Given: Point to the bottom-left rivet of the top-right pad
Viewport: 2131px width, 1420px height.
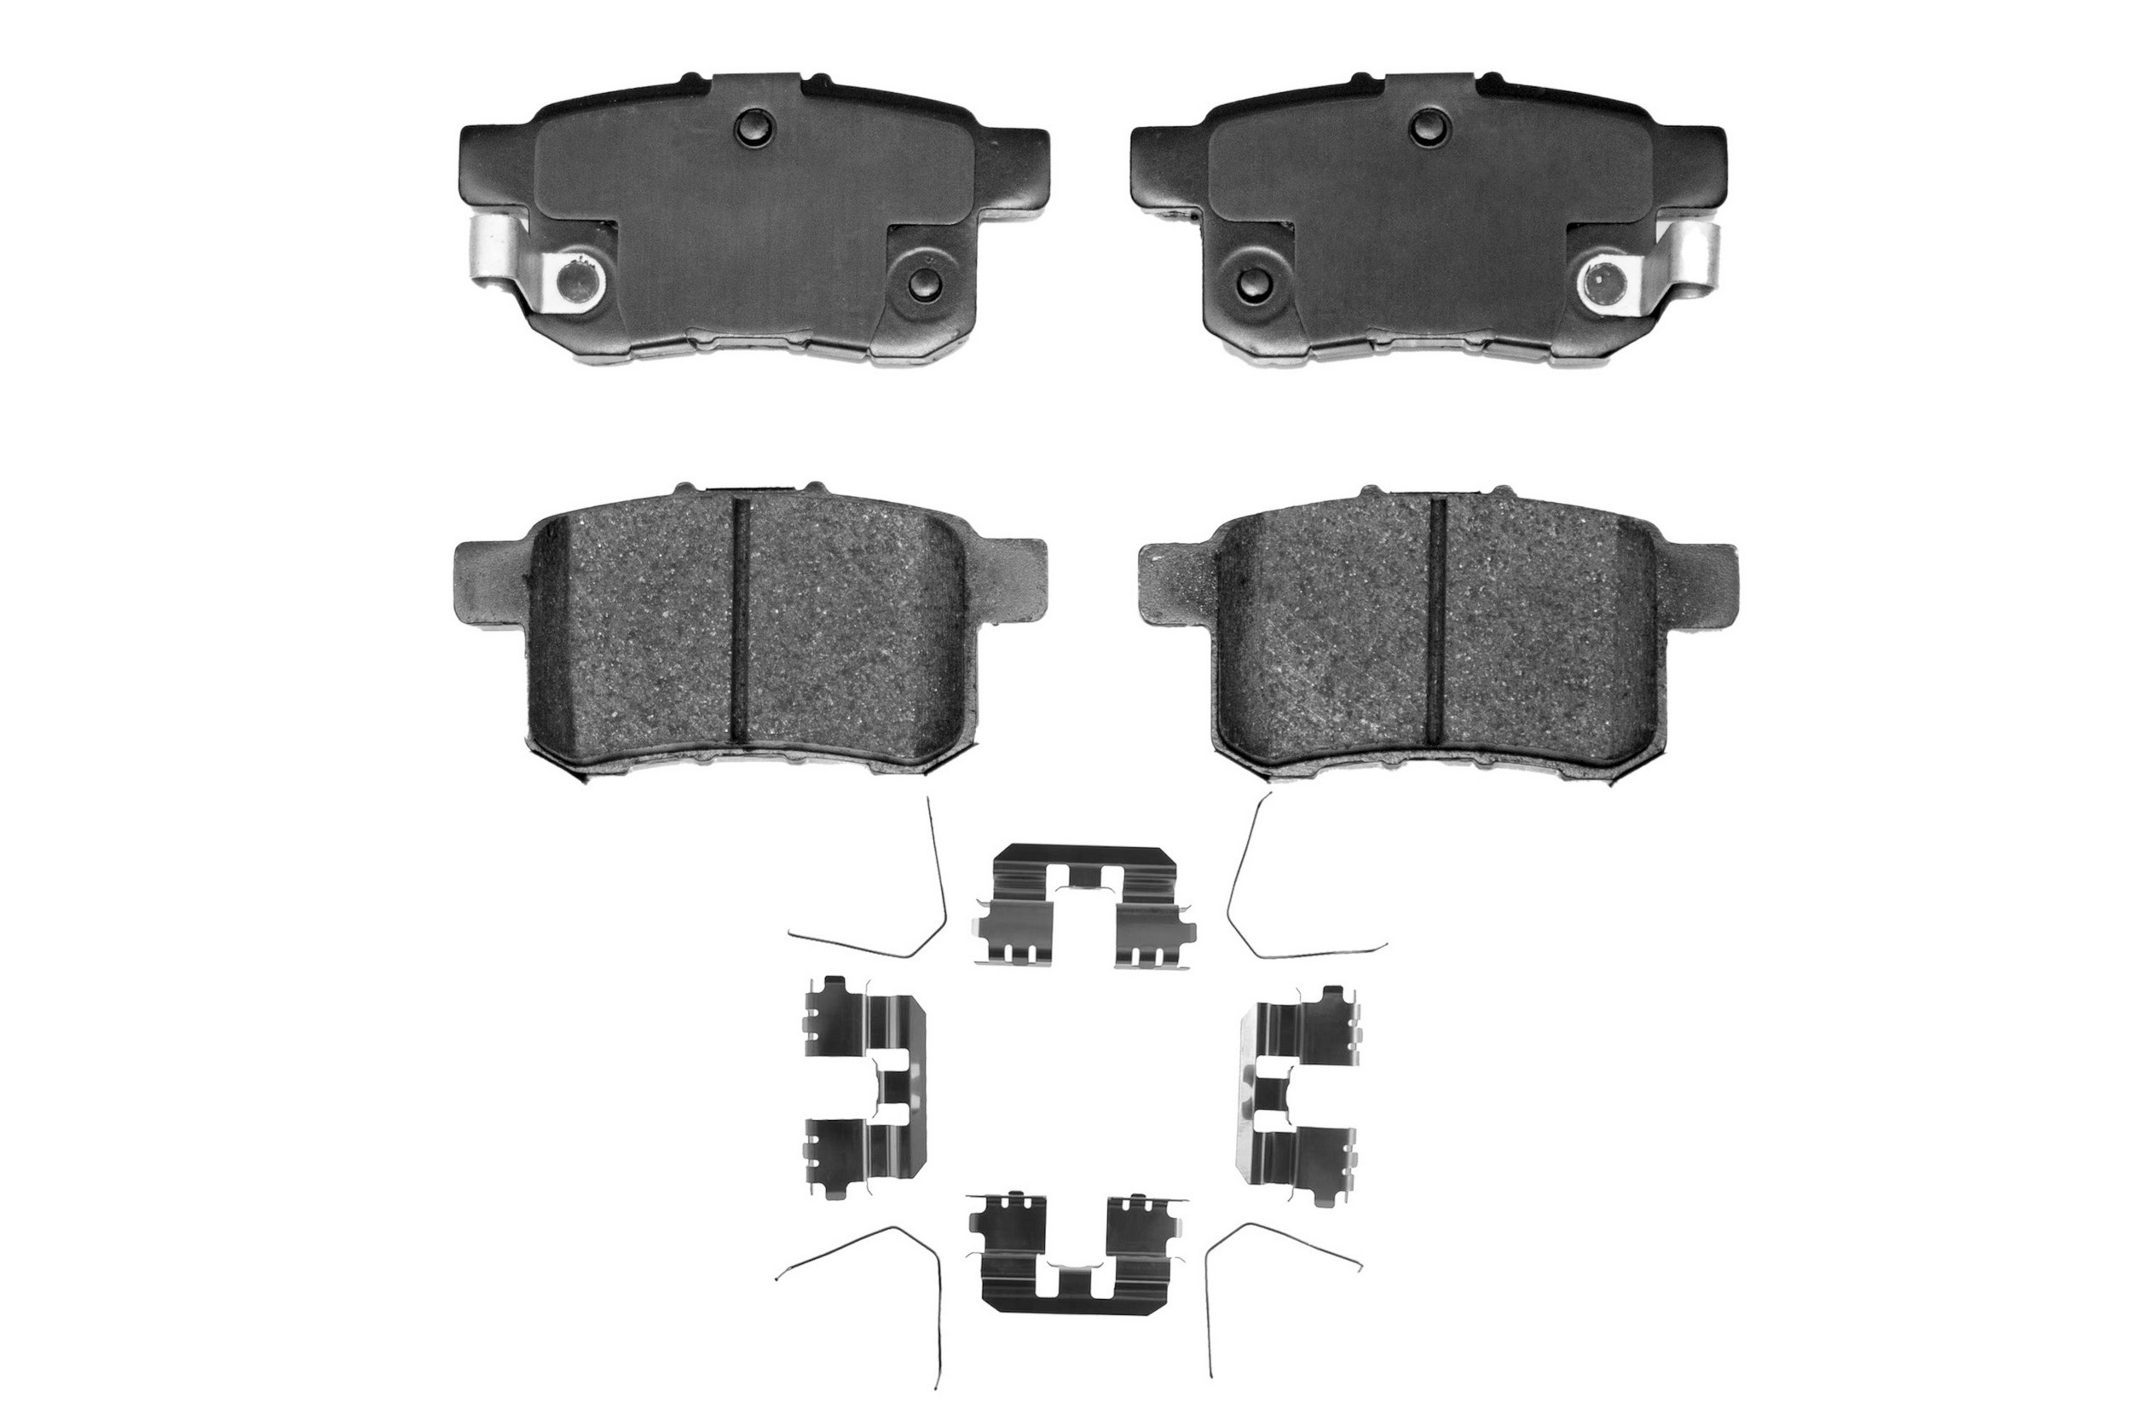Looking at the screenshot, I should coord(1256,284).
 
